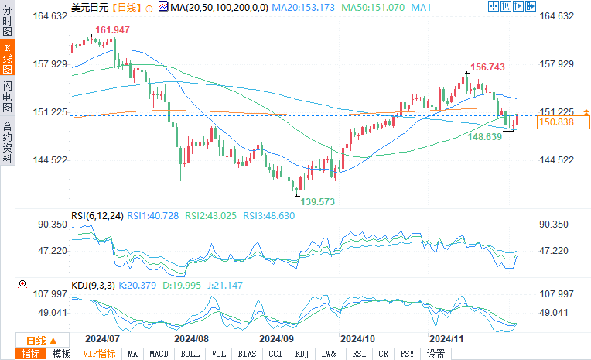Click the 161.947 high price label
point(112,30)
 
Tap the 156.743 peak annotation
point(488,67)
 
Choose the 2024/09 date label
point(275,339)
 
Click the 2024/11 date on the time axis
point(447,339)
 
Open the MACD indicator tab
point(159,354)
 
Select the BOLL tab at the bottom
point(189,354)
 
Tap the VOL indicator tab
point(219,354)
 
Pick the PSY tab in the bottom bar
point(407,354)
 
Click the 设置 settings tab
point(436,354)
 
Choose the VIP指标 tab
point(99,354)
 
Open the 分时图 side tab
point(8,22)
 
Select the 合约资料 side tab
point(8,142)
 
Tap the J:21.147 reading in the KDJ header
point(225,285)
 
